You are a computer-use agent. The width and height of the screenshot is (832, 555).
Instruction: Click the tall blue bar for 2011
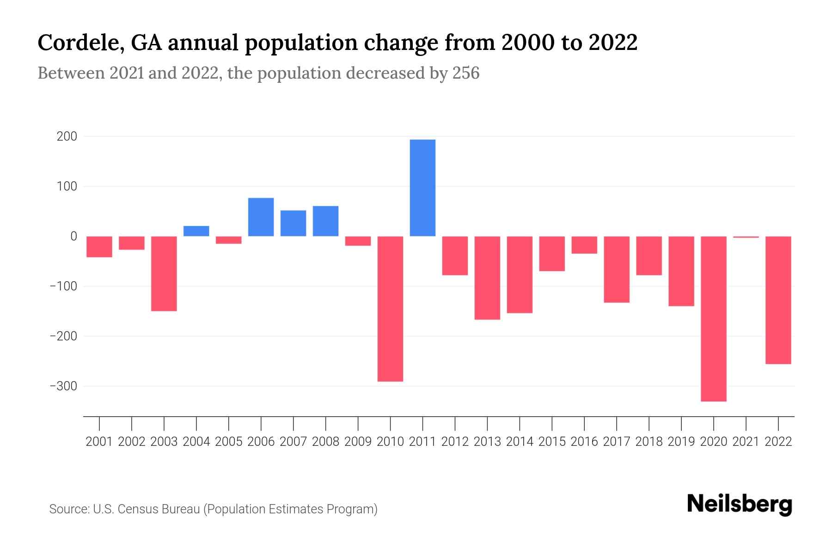422,188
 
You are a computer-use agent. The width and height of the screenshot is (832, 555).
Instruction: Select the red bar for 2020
714,319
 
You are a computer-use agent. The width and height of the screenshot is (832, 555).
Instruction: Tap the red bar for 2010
390,308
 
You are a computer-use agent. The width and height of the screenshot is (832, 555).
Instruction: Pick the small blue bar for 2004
196,231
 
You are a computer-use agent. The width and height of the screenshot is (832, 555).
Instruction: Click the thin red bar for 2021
746,237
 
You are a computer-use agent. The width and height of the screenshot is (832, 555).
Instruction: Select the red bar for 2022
778,300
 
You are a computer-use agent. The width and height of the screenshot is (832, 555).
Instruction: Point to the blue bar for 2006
261,217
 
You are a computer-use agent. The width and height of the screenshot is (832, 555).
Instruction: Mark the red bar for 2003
164,273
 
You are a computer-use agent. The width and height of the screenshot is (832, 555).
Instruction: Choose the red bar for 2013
487,277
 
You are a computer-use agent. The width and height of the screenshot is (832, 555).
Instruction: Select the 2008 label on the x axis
325,442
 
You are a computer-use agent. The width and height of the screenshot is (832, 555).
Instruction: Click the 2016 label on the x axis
584,442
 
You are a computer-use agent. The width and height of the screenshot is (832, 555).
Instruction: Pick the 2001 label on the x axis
99,442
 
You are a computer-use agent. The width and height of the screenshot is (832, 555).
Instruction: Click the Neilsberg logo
740,505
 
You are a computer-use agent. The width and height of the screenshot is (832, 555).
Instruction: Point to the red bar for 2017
617,269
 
